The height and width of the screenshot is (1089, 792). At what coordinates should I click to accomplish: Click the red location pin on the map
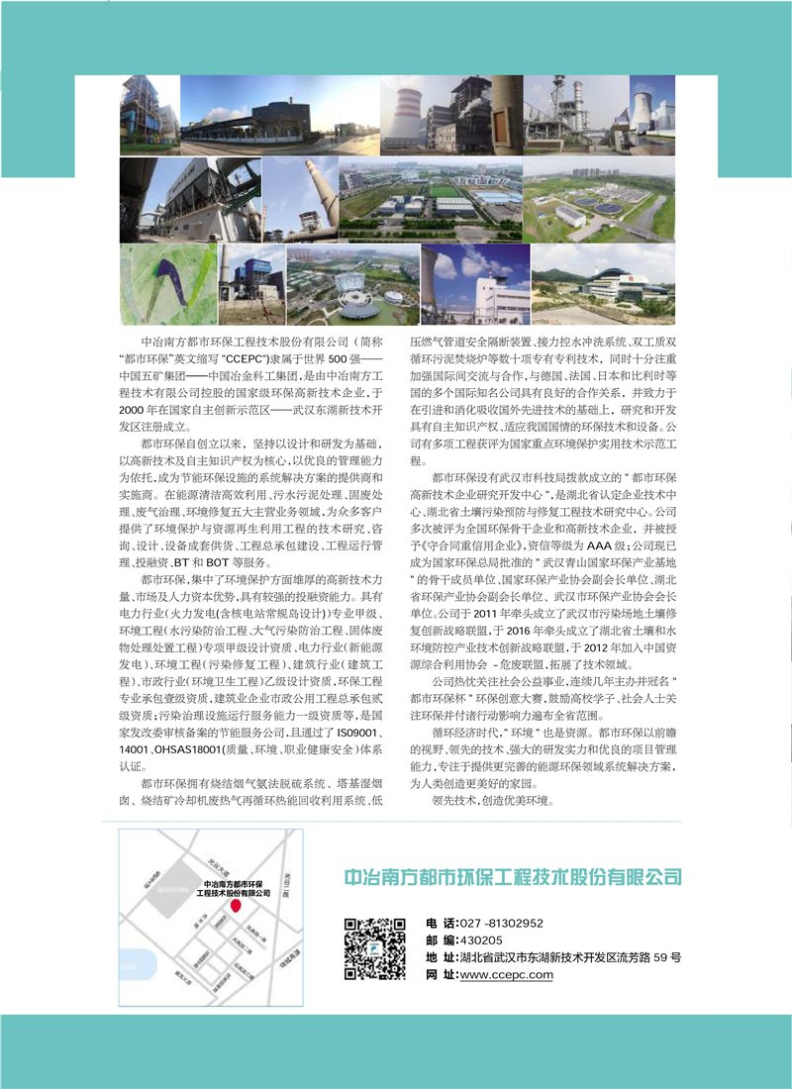pos(236,905)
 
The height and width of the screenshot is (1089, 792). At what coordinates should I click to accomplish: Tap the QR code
pos(375,948)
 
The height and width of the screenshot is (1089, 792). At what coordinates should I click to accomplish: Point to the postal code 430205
pos(480,940)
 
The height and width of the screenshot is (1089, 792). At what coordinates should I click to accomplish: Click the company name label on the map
pos(236,887)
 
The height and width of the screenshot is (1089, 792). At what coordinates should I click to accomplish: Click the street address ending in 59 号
pos(570,957)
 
